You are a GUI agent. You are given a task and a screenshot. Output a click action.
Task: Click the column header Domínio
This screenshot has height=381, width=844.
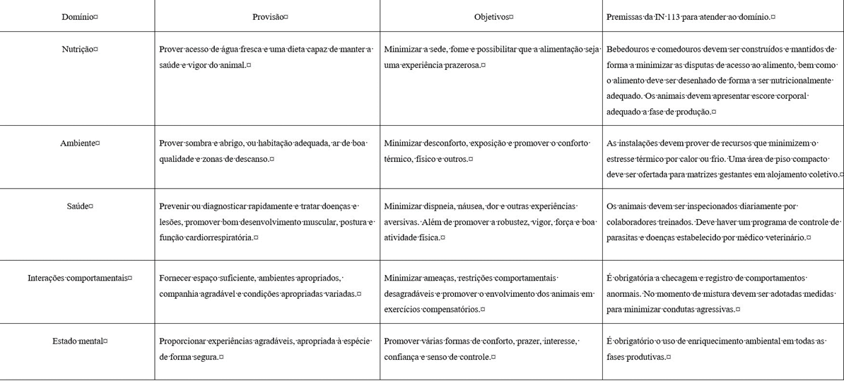(77, 16)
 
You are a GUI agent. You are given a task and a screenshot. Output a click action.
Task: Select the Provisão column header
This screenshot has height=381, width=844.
(268, 16)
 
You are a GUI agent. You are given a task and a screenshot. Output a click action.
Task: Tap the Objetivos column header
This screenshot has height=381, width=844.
(491, 16)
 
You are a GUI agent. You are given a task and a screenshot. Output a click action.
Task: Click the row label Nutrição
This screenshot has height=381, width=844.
(77, 49)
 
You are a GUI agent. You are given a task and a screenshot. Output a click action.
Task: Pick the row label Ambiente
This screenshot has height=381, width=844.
(77, 143)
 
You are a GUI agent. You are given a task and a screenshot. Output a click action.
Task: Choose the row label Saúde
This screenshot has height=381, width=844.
(77, 206)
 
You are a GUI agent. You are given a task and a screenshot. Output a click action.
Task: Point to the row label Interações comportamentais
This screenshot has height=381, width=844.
(77, 278)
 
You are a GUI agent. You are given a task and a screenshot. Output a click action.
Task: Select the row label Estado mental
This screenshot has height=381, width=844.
(77, 341)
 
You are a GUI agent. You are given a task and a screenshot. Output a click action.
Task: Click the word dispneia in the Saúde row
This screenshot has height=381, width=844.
(438, 206)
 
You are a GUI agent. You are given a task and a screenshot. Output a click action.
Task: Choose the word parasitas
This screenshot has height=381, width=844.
(621, 238)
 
